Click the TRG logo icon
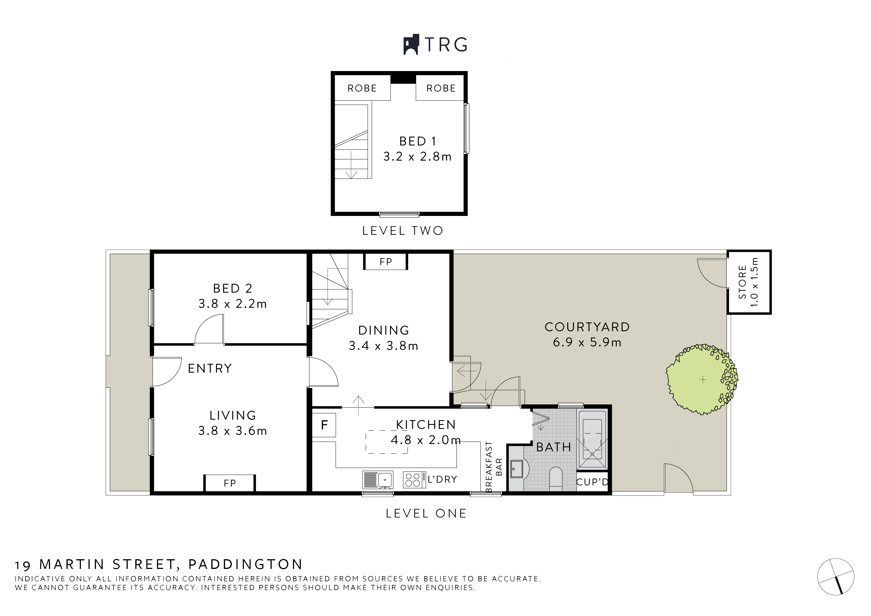tap(411, 45)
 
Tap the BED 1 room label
tap(418, 141)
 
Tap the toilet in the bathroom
tap(555, 479)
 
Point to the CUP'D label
tap(592, 482)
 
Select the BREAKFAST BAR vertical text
tap(494, 467)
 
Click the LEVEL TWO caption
tap(402, 231)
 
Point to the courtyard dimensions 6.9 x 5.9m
tap(587, 342)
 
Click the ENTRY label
tap(210, 368)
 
